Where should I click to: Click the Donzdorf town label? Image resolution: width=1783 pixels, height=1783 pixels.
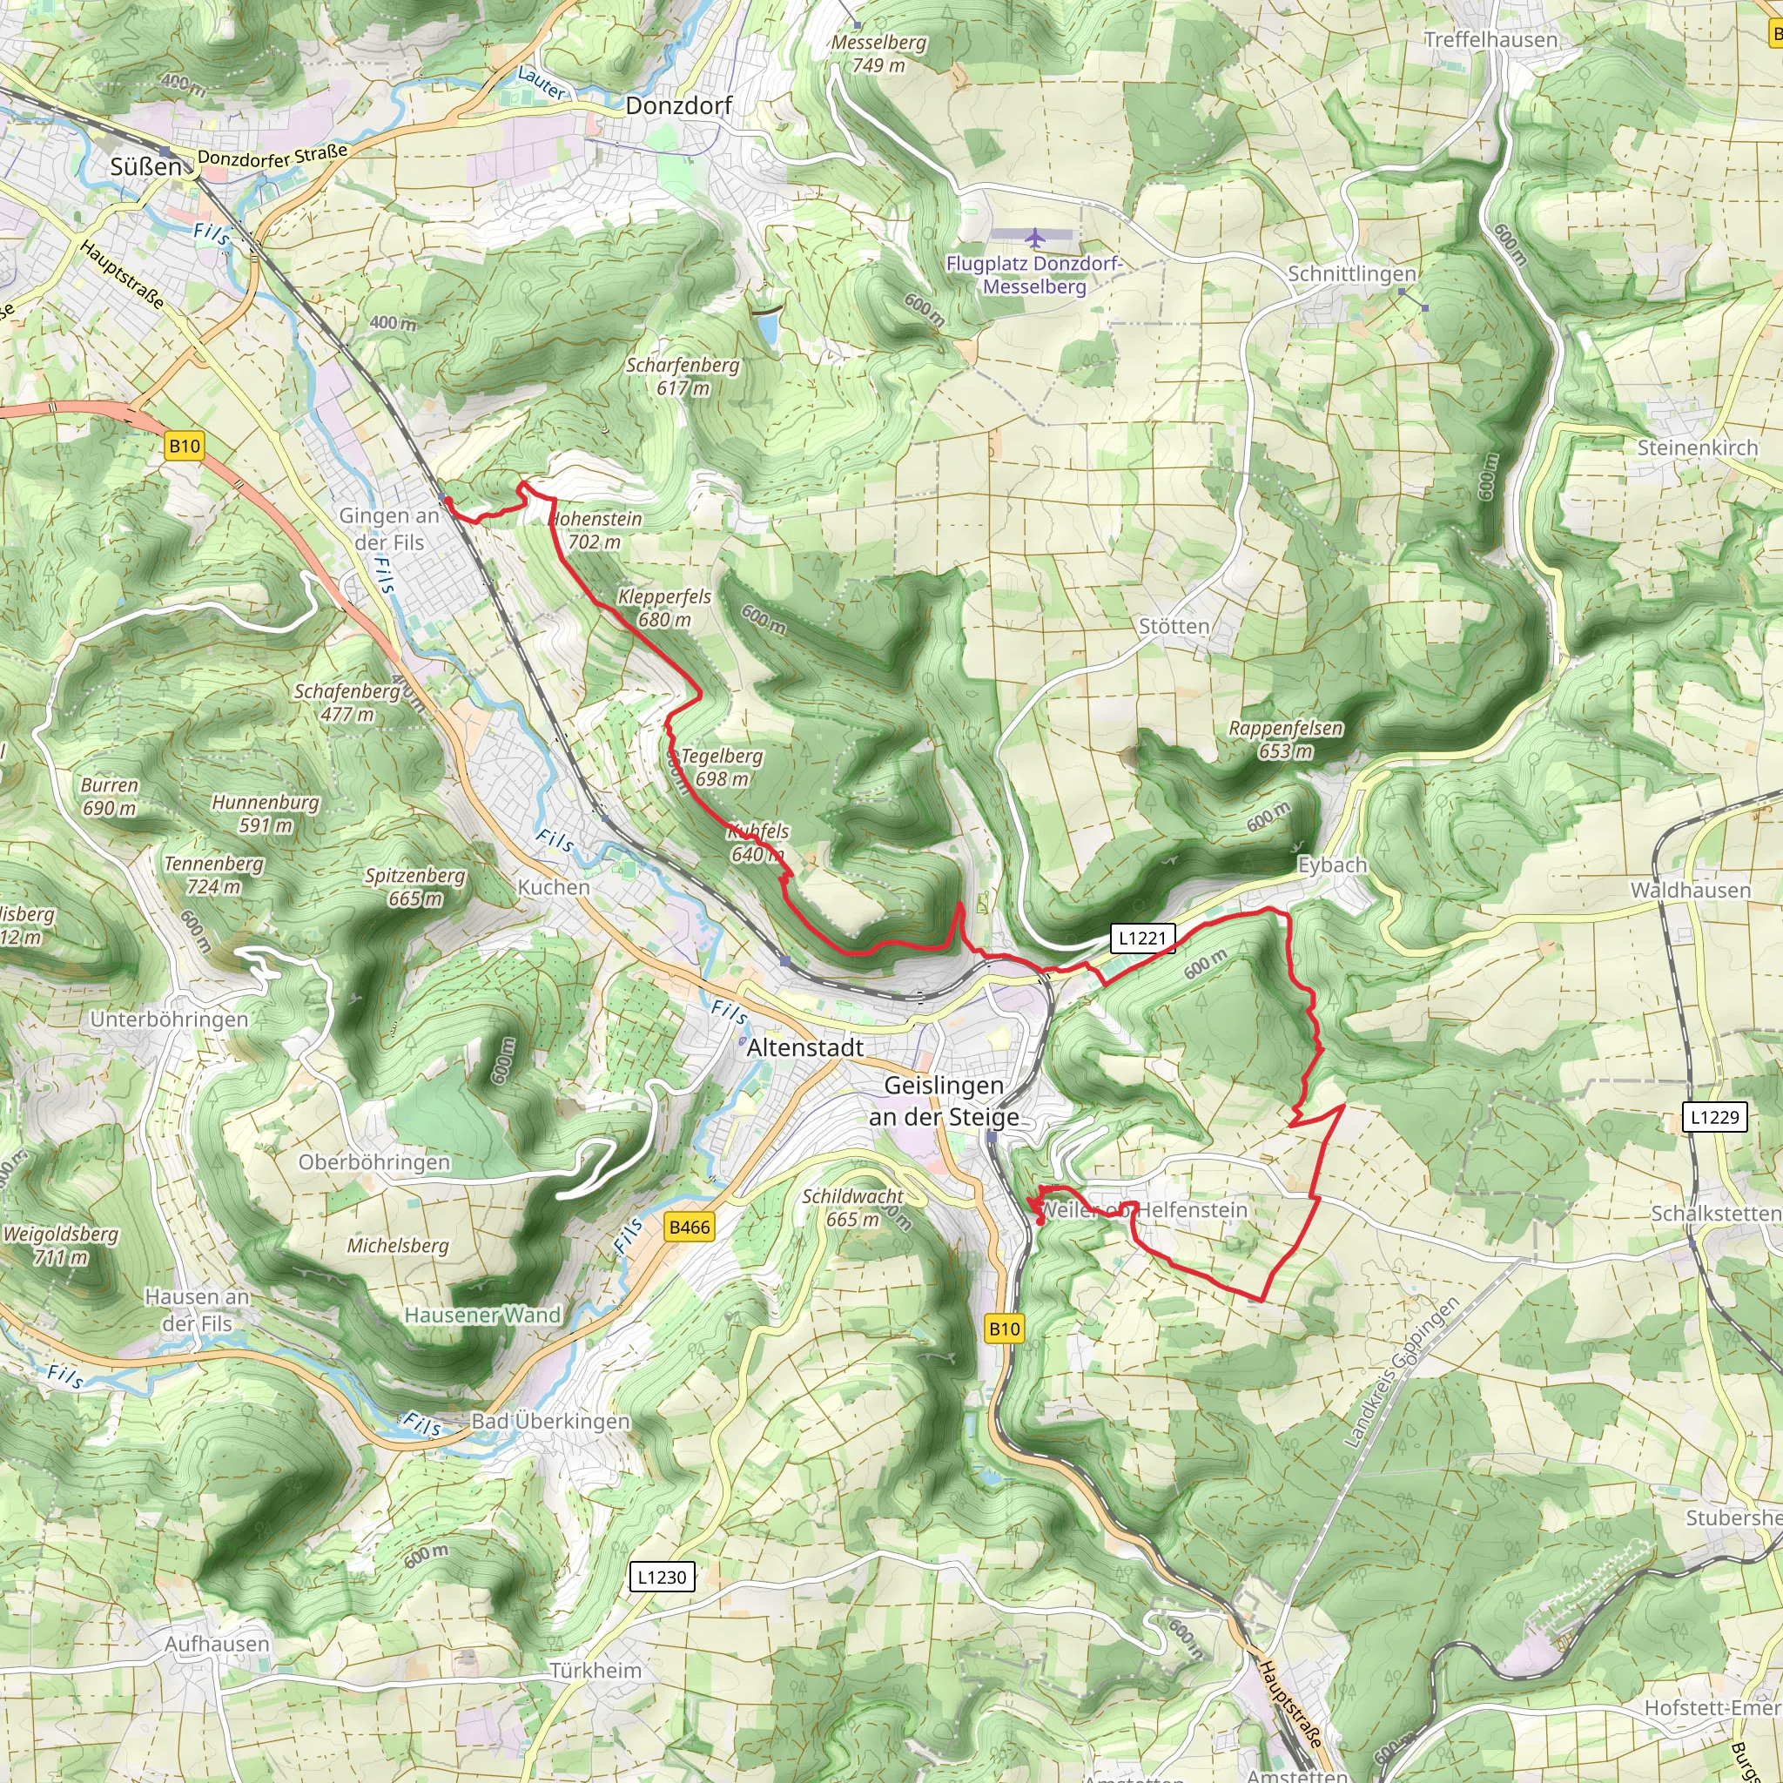tap(678, 106)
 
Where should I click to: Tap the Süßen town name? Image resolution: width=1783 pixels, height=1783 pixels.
tap(145, 167)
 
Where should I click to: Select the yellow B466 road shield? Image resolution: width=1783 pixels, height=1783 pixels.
tap(690, 1228)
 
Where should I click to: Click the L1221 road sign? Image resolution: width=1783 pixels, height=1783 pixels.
tap(1142, 939)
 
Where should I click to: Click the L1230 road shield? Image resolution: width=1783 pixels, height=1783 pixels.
tap(662, 1578)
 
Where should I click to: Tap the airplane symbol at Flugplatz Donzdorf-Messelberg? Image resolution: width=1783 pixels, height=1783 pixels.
tap(1034, 238)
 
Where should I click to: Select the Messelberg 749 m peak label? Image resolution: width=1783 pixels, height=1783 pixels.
tap(878, 53)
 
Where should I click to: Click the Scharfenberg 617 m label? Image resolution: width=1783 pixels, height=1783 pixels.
tap(683, 375)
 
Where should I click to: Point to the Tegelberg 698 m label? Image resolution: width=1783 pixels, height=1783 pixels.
tap(722, 767)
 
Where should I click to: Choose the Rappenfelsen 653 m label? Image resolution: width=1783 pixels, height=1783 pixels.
tap(1285, 739)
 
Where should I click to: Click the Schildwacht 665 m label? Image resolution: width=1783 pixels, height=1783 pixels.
tap(852, 1208)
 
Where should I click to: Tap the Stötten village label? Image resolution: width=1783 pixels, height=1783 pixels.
tap(1174, 627)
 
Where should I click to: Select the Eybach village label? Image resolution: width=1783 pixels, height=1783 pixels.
tap(1332, 865)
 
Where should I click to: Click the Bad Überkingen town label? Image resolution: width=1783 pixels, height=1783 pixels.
tap(550, 1421)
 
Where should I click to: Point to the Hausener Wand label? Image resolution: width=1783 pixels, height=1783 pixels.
tap(482, 1315)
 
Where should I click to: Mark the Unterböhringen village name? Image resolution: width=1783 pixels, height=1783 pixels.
tap(169, 1019)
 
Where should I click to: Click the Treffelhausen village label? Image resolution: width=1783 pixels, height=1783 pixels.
tap(1490, 40)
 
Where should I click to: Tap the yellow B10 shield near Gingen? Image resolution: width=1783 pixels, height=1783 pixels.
tap(185, 447)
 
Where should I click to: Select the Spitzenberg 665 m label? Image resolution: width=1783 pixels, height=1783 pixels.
tap(415, 887)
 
